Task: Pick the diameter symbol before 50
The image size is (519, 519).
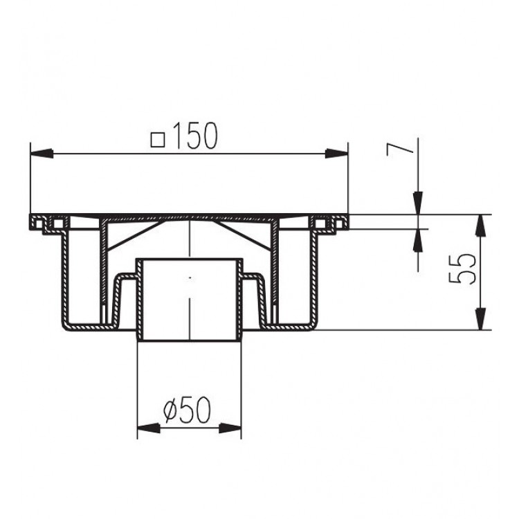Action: click(x=172, y=413)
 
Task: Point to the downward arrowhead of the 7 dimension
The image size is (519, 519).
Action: click(x=418, y=204)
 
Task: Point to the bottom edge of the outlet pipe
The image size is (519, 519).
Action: click(x=189, y=340)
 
